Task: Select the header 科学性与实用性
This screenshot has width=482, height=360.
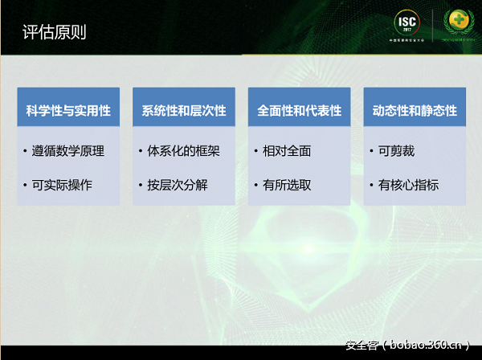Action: [x=68, y=111]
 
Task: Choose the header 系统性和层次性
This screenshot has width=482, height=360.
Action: [x=184, y=111]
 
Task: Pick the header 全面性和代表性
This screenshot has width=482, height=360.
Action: [x=300, y=111]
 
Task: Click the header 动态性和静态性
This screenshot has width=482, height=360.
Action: [x=415, y=111]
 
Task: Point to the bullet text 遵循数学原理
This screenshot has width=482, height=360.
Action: [x=74, y=150]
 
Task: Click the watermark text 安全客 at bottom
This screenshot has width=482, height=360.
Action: [x=362, y=346]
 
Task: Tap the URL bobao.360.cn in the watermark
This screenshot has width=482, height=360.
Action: [x=425, y=346]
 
